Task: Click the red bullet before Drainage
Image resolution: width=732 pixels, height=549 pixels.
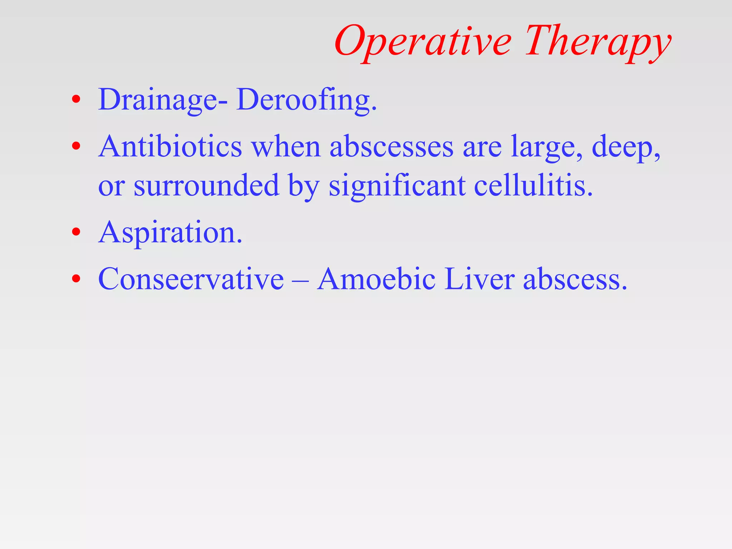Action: [76, 99]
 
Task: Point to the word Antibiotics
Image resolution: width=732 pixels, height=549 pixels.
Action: [170, 147]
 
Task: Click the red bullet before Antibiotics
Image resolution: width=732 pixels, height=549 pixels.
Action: [76, 146]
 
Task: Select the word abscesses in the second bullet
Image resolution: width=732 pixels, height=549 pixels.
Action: [391, 147]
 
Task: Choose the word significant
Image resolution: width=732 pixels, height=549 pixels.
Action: [397, 186]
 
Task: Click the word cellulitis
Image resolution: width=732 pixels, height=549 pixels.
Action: [533, 186]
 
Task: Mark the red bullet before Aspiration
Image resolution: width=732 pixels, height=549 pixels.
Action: [76, 232]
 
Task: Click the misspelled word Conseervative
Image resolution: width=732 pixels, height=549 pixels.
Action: [191, 279]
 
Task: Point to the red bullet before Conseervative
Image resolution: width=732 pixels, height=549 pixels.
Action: [76, 278]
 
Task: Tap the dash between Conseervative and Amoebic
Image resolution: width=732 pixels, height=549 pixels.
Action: [300, 281]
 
